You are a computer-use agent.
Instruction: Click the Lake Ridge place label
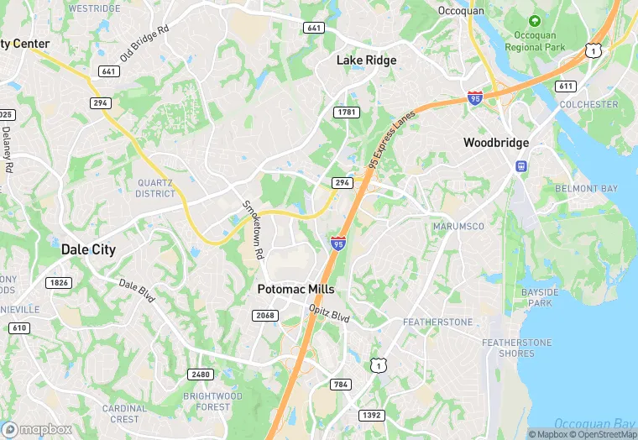(x=366, y=60)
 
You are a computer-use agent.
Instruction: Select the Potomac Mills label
(x=295, y=289)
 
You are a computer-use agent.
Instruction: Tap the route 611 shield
(x=565, y=86)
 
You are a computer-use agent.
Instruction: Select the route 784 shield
(x=340, y=385)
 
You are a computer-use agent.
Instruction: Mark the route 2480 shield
(x=201, y=375)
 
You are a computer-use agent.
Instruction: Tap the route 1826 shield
(x=60, y=283)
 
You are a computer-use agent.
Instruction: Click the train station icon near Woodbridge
(x=521, y=166)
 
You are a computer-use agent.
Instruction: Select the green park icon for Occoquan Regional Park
(x=535, y=20)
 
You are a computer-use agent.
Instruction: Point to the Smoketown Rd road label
(x=254, y=229)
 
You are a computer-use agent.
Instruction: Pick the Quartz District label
(x=155, y=188)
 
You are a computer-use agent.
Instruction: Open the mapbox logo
(x=37, y=429)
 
